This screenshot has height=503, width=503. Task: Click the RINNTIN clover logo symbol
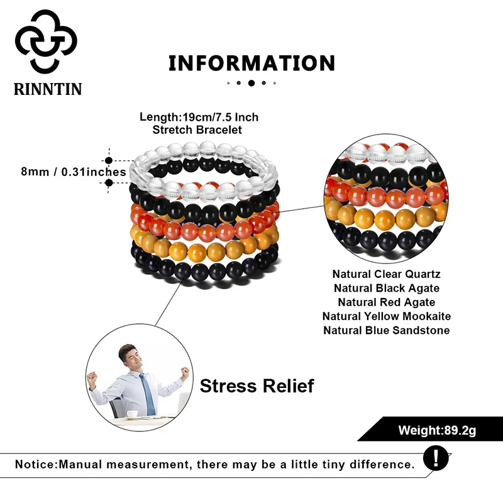(46, 41)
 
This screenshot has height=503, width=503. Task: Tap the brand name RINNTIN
(48, 89)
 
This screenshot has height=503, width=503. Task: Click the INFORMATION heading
(251, 63)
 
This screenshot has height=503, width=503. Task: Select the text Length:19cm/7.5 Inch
(199, 117)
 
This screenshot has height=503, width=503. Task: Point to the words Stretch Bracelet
(197, 130)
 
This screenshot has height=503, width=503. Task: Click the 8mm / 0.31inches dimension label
(74, 171)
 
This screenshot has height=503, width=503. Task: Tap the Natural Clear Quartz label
(386, 274)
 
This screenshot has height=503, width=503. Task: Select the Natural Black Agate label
(386, 288)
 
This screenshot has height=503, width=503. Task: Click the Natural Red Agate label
(386, 302)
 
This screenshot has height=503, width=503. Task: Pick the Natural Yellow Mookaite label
(386, 316)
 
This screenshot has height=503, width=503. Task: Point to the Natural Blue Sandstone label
(386, 330)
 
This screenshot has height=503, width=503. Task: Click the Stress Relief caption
(257, 385)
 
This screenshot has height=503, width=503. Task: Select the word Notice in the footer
(35, 465)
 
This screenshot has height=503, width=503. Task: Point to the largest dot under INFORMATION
(251, 82)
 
